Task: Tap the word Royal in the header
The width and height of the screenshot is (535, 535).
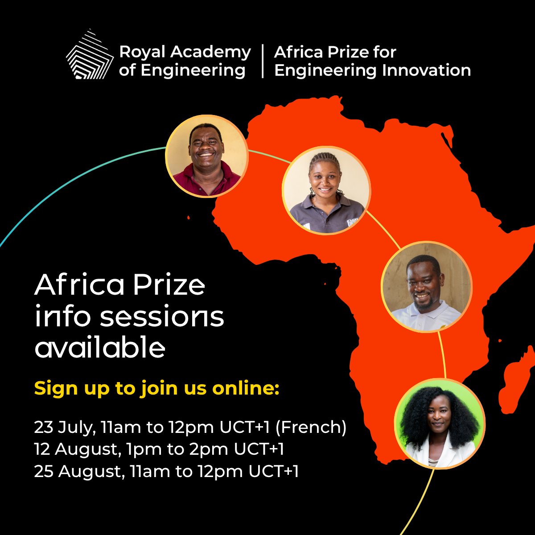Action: click(142, 53)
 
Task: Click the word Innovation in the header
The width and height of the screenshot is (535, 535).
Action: click(427, 70)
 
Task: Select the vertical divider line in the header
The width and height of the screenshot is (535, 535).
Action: click(263, 61)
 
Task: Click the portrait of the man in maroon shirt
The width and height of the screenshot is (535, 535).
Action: click(207, 156)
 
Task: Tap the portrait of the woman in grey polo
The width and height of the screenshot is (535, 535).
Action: click(326, 190)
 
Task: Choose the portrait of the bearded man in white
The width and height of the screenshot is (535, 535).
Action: click(427, 287)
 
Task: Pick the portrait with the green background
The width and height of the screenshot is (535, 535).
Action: click(440, 423)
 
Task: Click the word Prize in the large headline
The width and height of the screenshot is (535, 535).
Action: click(169, 285)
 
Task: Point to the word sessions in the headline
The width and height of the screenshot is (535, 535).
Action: click(162, 317)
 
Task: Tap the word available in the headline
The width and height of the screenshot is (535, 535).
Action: click(100, 346)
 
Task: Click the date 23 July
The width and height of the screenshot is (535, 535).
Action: click(65, 427)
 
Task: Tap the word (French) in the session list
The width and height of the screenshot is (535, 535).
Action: click(311, 427)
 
